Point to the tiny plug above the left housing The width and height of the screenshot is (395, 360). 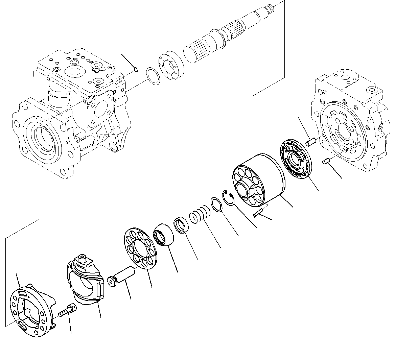click(136, 70)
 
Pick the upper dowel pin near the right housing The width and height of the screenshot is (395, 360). click(310, 142)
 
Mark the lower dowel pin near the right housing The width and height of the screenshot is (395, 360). click(327, 161)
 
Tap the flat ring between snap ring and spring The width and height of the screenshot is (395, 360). click(216, 205)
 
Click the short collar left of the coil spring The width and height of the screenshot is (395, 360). click(181, 226)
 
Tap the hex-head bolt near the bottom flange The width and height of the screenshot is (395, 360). click(68, 309)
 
